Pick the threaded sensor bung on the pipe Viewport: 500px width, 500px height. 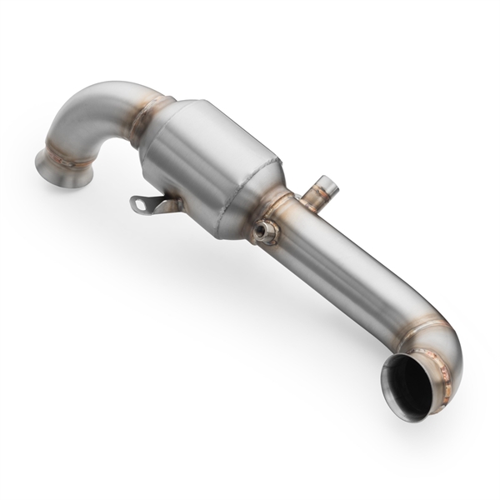tap(267, 232)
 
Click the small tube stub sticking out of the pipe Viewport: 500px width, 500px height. tap(319, 193)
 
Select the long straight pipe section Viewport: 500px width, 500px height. tap(350, 267)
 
